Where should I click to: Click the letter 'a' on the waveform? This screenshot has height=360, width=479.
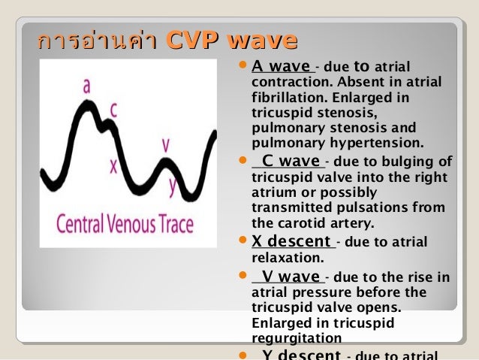[87, 87]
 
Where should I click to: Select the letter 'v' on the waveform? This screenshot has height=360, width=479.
[165, 144]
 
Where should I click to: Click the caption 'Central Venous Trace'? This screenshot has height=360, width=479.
[125, 223]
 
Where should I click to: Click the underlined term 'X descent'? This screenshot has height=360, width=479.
[292, 242]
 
